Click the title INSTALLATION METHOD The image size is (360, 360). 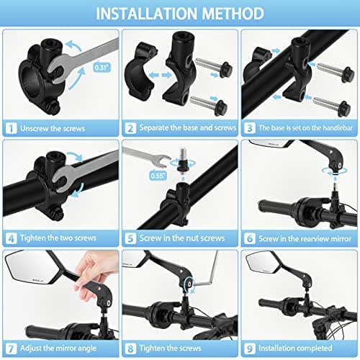(x=180, y=13)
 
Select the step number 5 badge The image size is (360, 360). (x=130, y=237)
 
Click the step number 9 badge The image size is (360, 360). (x=249, y=347)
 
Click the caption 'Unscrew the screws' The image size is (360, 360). (x=53, y=128)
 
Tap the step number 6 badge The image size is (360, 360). (x=249, y=237)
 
